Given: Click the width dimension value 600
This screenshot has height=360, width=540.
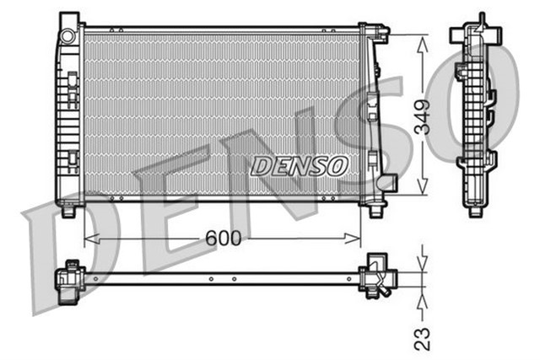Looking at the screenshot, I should tap(224, 239).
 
